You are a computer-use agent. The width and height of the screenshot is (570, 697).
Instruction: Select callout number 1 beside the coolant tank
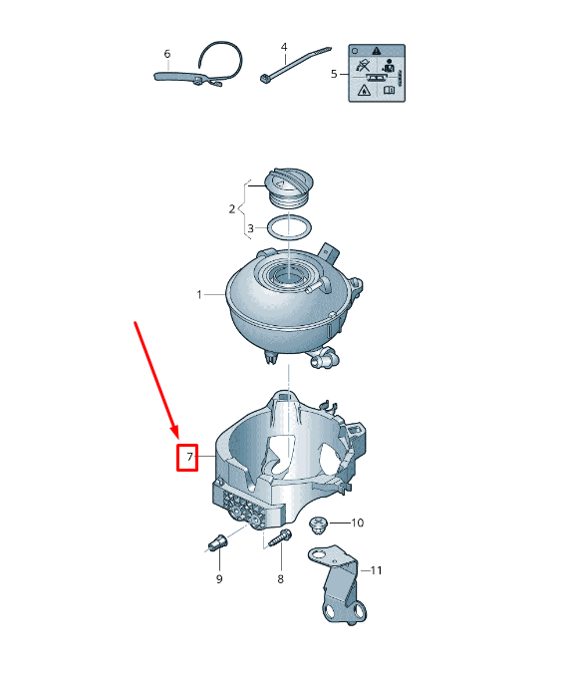(x=199, y=295)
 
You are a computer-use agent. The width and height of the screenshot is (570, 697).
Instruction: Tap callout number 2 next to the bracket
(x=231, y=209)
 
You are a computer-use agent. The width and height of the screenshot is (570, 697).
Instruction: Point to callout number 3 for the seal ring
(x=251, y=228)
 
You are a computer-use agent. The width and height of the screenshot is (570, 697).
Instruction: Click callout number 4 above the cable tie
(x=284, y=47)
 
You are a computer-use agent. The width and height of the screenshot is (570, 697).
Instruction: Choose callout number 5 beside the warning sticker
(x=333, y=73)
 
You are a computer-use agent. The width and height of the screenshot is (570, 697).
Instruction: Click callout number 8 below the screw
(x=280, y=578)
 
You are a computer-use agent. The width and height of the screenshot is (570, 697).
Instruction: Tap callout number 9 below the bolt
(x=218, y=579)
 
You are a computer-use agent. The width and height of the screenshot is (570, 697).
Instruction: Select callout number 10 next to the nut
(x=358, y=523)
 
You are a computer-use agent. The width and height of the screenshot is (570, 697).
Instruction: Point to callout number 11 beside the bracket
(x=376, y=570)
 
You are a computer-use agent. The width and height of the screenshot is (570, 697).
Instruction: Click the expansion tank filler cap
(x=286, y=185)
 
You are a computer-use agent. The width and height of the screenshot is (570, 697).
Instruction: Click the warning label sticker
(x=376, y=73)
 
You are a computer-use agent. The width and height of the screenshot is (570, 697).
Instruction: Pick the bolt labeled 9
(x=216, y=543)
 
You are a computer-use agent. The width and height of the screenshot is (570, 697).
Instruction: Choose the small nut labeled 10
(x=320, y=523)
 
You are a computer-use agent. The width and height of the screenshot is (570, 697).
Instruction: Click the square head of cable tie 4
(x=265, y=79)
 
